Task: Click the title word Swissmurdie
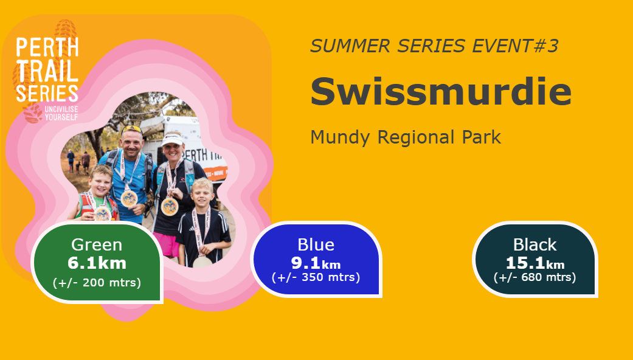point(441,91)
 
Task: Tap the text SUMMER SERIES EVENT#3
point(434,46)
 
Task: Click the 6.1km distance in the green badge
point(97,263)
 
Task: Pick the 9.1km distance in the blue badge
point(316,263)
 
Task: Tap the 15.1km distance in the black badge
point(535,263)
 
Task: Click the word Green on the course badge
point(97,244)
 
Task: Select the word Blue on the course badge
point(316,244)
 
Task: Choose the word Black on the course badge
point(535,244)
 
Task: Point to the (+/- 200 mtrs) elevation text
point(97,283)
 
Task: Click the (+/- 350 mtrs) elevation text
point(316,277)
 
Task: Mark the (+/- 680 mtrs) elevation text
point(535,277)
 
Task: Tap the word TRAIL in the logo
point(47,71)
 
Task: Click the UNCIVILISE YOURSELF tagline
point(61,113)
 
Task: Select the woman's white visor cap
point(172,140)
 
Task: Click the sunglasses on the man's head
point(132,130)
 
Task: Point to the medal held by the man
point(129,198)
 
